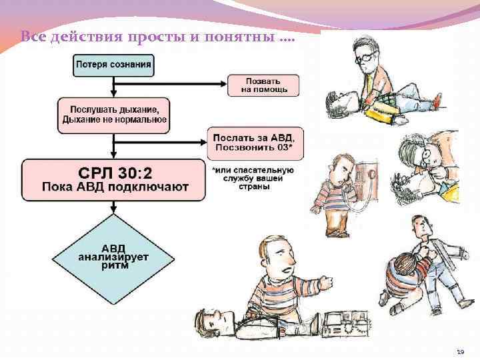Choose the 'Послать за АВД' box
pyautogui.click(x=255, y=141)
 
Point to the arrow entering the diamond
pyautogui.click(x=113, y=209)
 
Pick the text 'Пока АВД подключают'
pyautogui.click(x=113, y=187)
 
